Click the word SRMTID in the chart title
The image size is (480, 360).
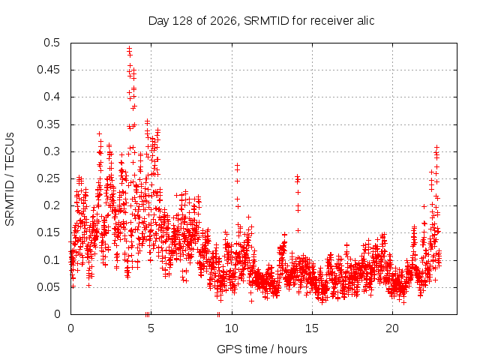click(x=266, y=21)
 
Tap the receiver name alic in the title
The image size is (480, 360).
click(x=365, y=21)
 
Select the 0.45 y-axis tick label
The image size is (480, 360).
click(x=48, y=70)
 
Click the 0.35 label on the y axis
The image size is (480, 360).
click(x=48, y=124)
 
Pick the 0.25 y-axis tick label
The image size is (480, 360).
click(x=48, y=178)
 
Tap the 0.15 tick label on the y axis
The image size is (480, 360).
click(x=48, y=232)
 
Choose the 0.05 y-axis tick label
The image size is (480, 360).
click(x=48, y=287)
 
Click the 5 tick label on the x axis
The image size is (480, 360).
click(x=151, y=328)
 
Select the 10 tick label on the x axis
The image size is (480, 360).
click(x=232, y=328)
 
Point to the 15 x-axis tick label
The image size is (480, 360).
click(x=312, y=328)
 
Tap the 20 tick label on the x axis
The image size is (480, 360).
click(x=392, y=328)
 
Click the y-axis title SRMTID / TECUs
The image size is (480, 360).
click(x=10, y=179)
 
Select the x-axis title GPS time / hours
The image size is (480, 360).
click(x=262, y=349)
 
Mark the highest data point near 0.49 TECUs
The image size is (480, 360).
click(x=129, y=48)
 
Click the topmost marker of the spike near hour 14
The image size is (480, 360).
click(x=297, y=176)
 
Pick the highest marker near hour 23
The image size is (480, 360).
click(x=436, y=147)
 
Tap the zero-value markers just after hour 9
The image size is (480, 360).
click(x=218, y=314)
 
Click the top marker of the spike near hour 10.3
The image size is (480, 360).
click(x=237, y=165)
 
